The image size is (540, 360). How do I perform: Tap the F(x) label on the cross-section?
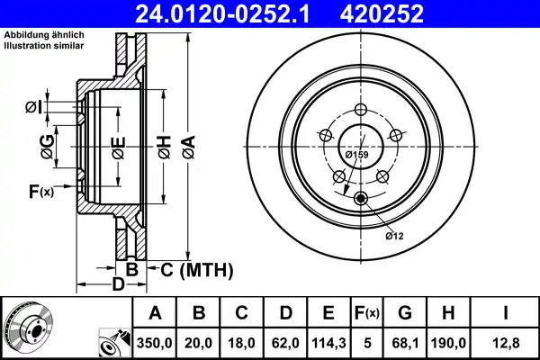[41, 192]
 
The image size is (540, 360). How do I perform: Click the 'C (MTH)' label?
[196, 269]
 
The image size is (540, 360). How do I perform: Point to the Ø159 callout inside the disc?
[358, 155]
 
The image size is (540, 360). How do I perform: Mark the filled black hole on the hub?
[361, 199]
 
